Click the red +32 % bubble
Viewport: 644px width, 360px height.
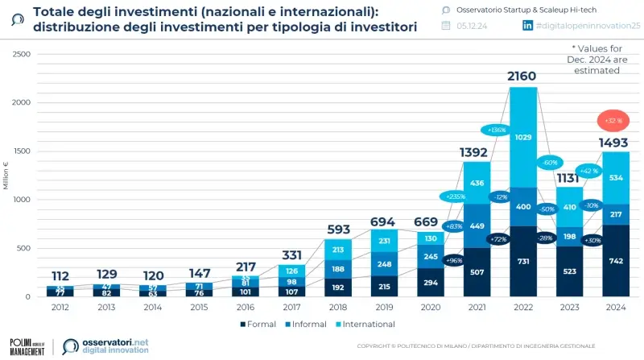[615, 121]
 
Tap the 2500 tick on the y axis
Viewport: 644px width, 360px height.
[22, 54]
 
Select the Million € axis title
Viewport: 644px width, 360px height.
[6, 176]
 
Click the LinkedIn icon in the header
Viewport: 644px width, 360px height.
[528, 26]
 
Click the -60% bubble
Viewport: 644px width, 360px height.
[552, 161]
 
